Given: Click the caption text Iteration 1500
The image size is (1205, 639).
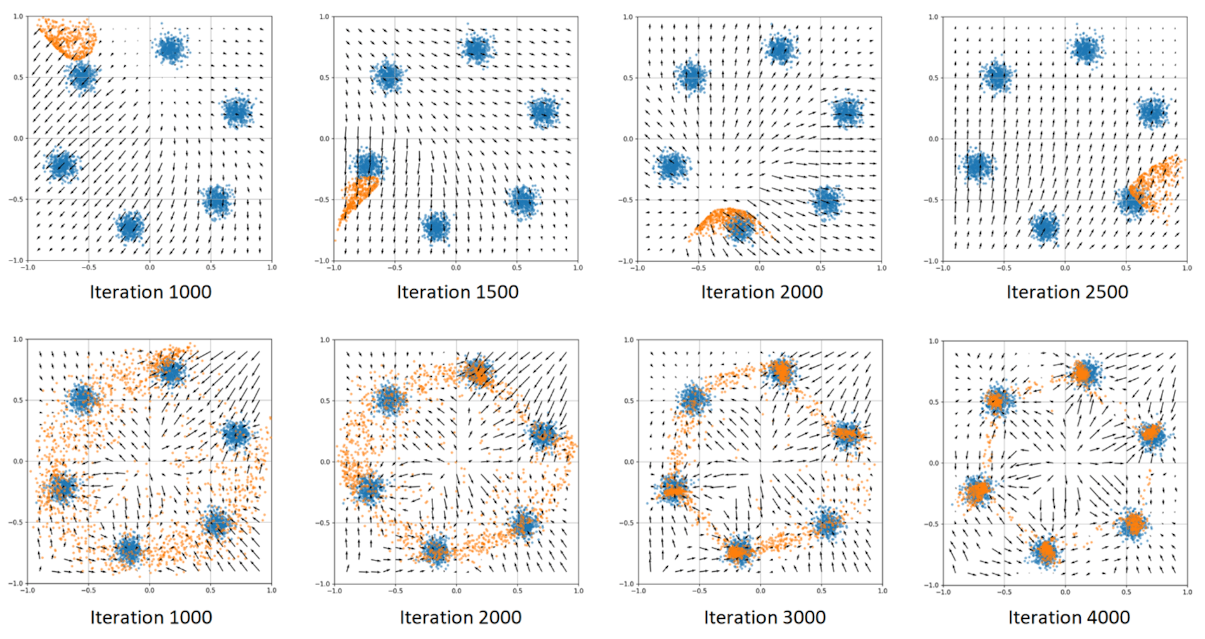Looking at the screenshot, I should (x=458, y=292).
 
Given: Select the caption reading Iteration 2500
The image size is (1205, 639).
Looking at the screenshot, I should (x=1067, y=292).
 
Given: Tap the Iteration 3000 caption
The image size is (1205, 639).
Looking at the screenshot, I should (x=764, y=617).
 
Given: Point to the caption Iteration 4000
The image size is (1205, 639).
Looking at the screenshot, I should (x=1069, y=617).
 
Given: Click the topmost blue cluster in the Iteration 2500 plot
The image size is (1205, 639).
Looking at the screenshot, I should (x=1086, y=49).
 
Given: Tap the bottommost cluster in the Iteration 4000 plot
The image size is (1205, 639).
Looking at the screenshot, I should (x=1046, y=552).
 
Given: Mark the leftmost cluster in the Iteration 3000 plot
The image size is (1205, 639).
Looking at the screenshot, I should (x=673, y=490).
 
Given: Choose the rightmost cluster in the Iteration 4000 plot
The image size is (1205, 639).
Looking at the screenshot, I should (x=1152, y=434).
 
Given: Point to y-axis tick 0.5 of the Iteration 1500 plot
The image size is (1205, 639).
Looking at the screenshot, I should (x=324, y=78).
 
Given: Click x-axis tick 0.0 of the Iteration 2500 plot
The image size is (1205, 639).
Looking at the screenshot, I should (x=1065, y=268).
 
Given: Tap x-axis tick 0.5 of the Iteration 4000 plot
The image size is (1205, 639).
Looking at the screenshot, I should (x=1127, y=592).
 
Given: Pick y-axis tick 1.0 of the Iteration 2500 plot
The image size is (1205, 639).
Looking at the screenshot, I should (x=933, y=18).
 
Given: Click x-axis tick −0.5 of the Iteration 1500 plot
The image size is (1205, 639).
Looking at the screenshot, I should (x=395, y=268).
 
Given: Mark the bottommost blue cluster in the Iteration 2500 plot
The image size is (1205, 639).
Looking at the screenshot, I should (x=1045, y=227).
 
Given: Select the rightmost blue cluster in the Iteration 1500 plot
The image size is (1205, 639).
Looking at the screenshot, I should (x=544, y=112).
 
